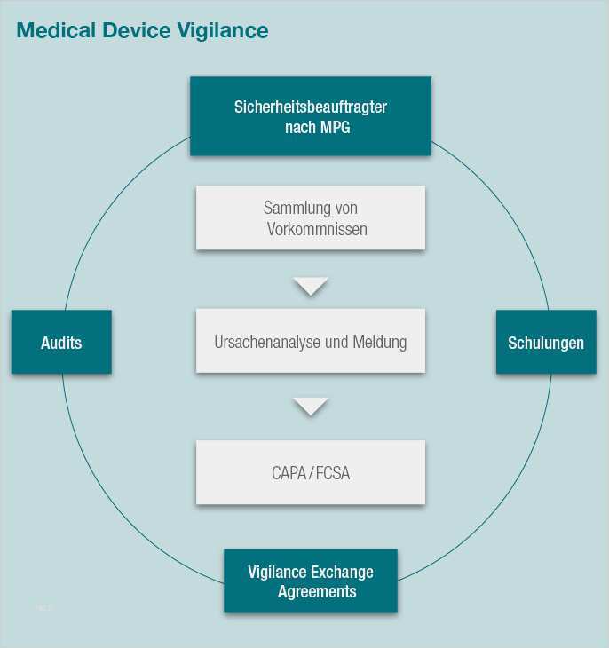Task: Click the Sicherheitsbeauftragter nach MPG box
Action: coord(310,115)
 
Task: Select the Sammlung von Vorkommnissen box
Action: coord(310,217)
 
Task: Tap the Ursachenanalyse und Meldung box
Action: coord(310,341)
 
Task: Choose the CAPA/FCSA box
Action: coord(310,472)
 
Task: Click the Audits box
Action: coord(61,342)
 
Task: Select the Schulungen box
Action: coord(546,342)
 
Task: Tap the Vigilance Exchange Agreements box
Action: coord(310,581)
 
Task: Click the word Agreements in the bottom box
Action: coord(317,591)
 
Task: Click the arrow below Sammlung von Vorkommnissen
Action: coord(311,286)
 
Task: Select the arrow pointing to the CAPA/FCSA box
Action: coord(311,407)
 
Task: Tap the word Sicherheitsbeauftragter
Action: coord(311,107)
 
